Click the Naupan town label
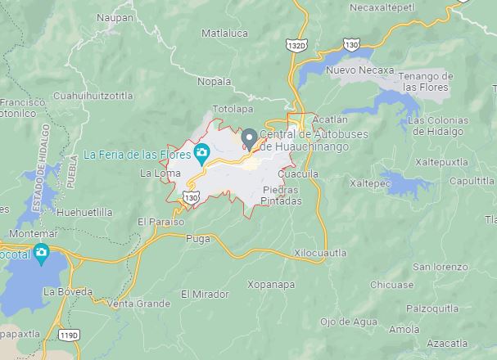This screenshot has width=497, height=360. (x=115, y=16)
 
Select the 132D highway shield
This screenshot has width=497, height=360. (x=296, y=46)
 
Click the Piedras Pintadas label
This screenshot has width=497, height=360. (x=282, y=195)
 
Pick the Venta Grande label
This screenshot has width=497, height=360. (x=139, y=304)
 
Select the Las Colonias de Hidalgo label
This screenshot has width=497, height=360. (x=436, y=125)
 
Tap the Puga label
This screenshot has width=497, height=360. (x=198, y=239)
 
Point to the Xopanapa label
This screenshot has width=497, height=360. (x=271, y=284)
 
